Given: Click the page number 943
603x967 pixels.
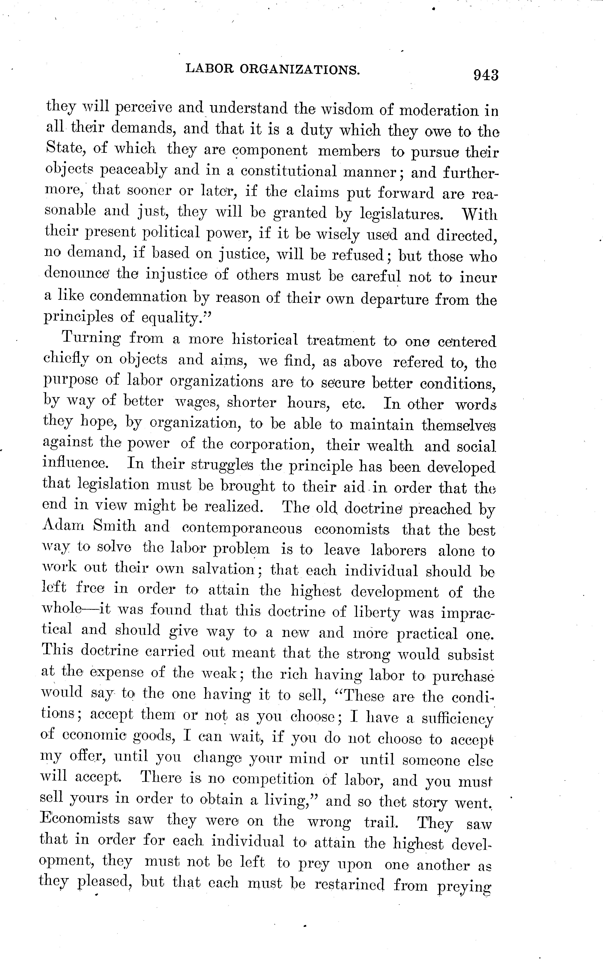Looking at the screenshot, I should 486,75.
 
